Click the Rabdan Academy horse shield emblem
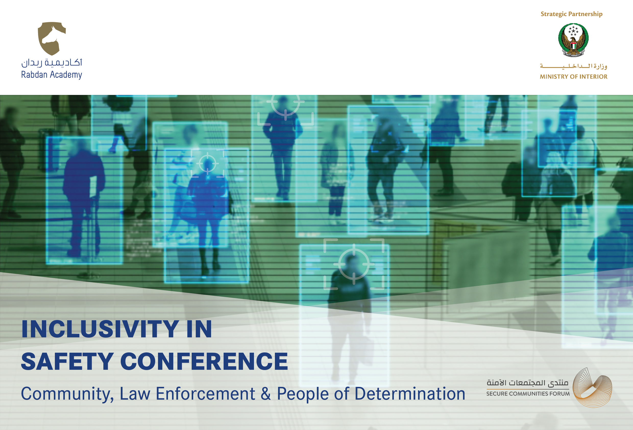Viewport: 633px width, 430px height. (x=52, y=38)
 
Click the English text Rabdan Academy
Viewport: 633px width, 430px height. (x=52, y=75)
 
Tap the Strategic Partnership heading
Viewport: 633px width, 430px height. (x=571, y=14)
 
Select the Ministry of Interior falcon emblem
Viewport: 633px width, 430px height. (x=573, y=40)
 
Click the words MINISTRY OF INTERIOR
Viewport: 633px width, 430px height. (x=574, y=77)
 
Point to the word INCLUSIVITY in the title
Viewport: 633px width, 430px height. (x=100, y=329)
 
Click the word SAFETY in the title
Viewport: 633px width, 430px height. (x=67, y=361)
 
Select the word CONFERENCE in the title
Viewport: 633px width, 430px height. (x=204, y=361)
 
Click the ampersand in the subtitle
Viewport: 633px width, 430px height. (x=266, y=394)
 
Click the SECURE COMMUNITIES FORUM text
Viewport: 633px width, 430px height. (x=528, y=394)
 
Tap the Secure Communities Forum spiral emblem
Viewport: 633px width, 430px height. (x=593, y=388)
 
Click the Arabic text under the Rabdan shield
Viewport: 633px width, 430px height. (x=52, y=63)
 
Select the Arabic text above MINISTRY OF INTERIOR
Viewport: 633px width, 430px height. (x=574, y=66)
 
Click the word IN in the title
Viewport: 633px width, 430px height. (x=199, y=329)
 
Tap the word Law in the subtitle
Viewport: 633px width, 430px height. (x=135, y=394)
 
